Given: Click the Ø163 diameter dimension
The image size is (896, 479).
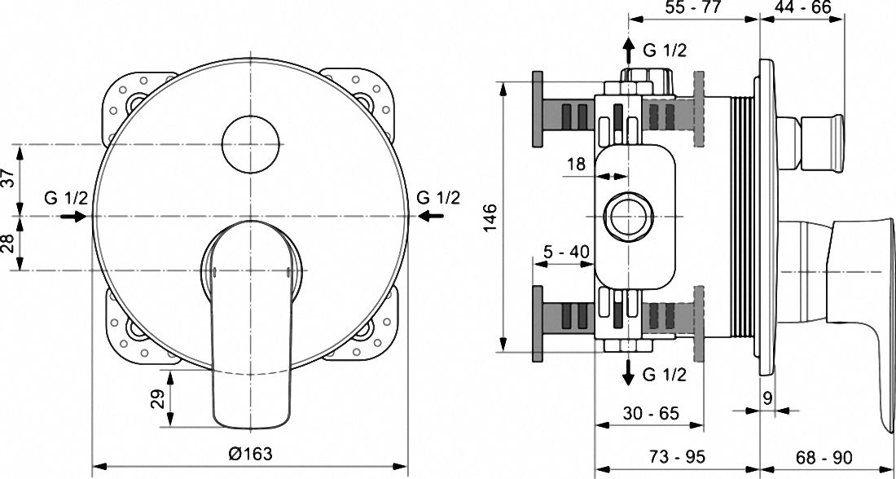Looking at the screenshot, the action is (250, 455).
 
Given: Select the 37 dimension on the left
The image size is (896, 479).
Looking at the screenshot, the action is (7, 179).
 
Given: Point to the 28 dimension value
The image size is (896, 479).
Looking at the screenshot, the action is (7, 243).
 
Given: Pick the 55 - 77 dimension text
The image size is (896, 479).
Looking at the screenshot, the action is (694, 7).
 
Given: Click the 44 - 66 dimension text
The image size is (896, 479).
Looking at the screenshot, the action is (802, 7).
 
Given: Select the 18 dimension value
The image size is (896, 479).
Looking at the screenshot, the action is (576, 165).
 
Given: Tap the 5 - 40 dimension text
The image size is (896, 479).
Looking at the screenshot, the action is (562, 252).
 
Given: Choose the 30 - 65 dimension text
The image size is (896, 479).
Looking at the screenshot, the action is (650, 413).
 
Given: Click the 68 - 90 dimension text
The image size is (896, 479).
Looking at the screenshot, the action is (824, 457).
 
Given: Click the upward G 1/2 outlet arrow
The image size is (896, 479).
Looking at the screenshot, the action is (628, 51).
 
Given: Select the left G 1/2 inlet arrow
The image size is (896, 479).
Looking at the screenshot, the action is (72, 216).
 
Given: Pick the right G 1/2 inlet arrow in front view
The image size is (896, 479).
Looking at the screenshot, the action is (431, 216).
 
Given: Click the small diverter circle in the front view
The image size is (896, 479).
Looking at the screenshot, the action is (251, 145).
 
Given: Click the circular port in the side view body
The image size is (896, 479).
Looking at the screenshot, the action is (627, 216).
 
